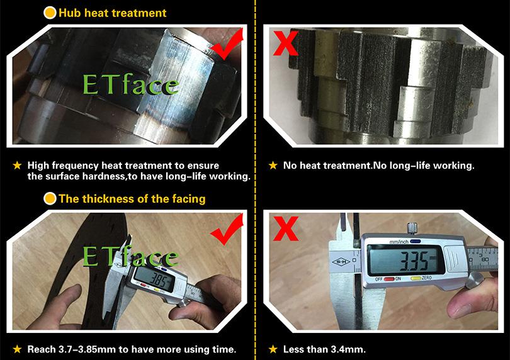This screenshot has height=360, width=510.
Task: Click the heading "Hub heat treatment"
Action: [113, 13]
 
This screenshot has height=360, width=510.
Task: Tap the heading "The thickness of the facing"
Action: [132, 199]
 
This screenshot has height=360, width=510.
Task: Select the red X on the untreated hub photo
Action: [286, 43]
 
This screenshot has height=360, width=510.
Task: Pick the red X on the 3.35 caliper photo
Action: [286, 228]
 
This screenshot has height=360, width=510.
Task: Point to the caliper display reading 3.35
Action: [405, 260]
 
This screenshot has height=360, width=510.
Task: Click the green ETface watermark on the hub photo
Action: [131, 84]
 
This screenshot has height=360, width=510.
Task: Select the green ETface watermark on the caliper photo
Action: [131, 256]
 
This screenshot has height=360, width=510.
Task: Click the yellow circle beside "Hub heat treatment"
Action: [50, 13]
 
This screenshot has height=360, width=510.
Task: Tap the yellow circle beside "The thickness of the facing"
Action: [50, 199]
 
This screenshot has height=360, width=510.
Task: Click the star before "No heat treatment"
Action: [273, 166]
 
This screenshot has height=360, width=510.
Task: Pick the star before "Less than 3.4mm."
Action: [273, 349]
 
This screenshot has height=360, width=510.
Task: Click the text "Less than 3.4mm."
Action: [324, 349]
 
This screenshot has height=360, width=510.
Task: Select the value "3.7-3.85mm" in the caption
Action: [87, 349]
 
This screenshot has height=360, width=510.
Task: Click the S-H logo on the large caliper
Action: [340, 261]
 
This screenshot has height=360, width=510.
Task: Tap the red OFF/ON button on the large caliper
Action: [388, 279]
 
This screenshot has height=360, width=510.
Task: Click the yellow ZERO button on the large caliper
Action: [416, 279]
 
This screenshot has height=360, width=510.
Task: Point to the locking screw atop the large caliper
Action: [412, 228]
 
